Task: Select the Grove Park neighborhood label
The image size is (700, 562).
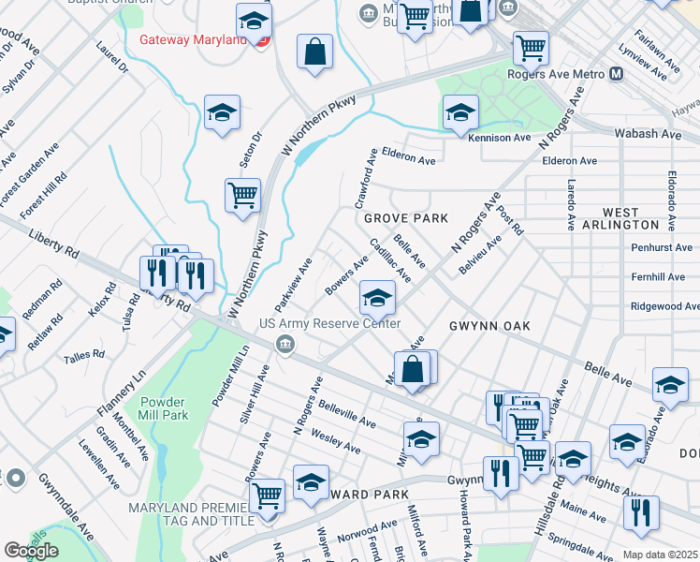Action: click(x=406, y=217)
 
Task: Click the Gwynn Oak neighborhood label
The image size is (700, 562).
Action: click(x=489, y=325)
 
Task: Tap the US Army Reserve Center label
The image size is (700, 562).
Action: click(x=329, y=324)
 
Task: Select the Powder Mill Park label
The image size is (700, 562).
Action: click(x=164, y=407)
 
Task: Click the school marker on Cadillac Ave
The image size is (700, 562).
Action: click(x=377, y=298)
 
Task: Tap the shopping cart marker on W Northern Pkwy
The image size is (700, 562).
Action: click(x=242, y=196)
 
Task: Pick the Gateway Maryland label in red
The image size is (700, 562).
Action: click(x=197, y=40)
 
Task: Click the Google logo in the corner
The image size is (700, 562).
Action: click(x=31, y=551)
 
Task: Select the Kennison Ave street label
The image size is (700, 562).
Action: click(x=499, y=138)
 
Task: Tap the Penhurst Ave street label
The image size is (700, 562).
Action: click(x=662, y=248)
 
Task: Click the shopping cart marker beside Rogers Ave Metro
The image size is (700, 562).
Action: click(x=531, y=47)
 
